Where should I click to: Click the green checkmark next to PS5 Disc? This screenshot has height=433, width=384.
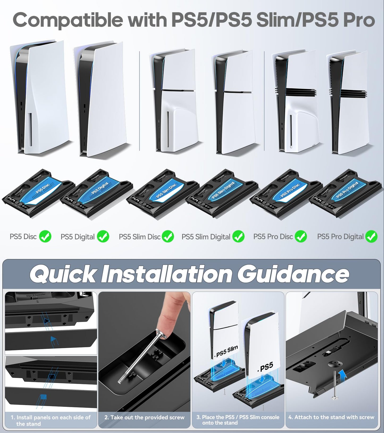tap(45, 236)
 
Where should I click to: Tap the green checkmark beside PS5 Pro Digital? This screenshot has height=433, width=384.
tap(371, 236)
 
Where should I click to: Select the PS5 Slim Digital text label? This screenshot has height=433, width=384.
tap(206, 237)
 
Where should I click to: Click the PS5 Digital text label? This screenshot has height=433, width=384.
tap(77, 237)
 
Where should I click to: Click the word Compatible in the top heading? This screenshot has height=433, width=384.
tap(68, 20)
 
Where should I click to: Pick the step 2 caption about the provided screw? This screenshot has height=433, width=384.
tap(144, 418)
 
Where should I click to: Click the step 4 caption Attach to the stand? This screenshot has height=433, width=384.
tap(331, 417)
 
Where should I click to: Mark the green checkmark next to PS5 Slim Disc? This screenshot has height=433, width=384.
tap(168, 236)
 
